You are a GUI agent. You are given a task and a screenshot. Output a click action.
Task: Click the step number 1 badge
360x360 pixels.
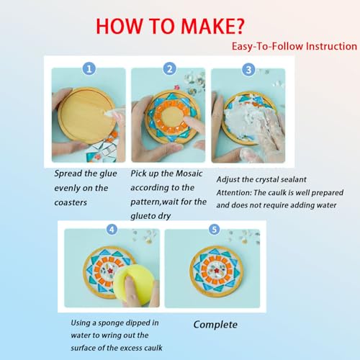pos(89,68)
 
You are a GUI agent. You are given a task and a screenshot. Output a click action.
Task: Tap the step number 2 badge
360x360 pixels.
pos(170,68)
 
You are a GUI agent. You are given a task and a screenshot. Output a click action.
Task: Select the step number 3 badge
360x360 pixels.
pos(248,69)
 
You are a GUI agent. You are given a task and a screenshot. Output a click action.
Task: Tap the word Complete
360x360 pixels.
pos(215,325)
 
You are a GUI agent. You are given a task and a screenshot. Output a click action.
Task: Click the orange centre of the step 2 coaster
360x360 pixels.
pos(171,117)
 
